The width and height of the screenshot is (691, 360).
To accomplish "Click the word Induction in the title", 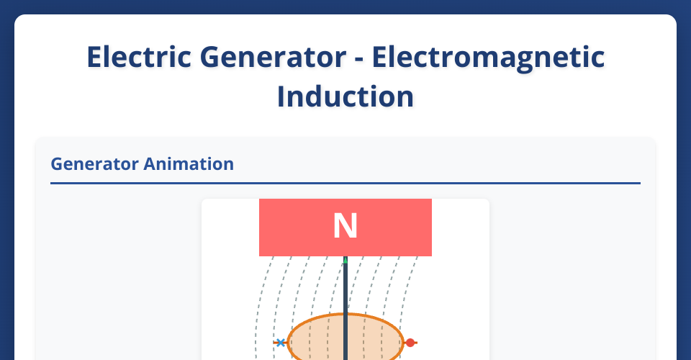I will pyautogui.click(x=345, y=96).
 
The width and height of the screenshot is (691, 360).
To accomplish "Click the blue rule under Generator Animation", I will pyautogui.click(x=345, y=184).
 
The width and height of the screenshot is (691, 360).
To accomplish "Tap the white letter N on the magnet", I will pyautogui.click(x=345, y=227).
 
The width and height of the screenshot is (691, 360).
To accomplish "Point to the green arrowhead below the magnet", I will pyautogui.click(x=345, y=260).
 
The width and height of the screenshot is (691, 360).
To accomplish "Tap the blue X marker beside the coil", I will pyautogui.click(x=280, y=343).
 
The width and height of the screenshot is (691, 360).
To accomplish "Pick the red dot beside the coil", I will pyautogui.click(x=410, y=343).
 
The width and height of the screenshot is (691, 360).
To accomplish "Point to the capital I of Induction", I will pyautogui.click(x=281, y=96).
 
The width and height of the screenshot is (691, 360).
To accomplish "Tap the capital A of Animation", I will pyautogui.click(x=150, y=164).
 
